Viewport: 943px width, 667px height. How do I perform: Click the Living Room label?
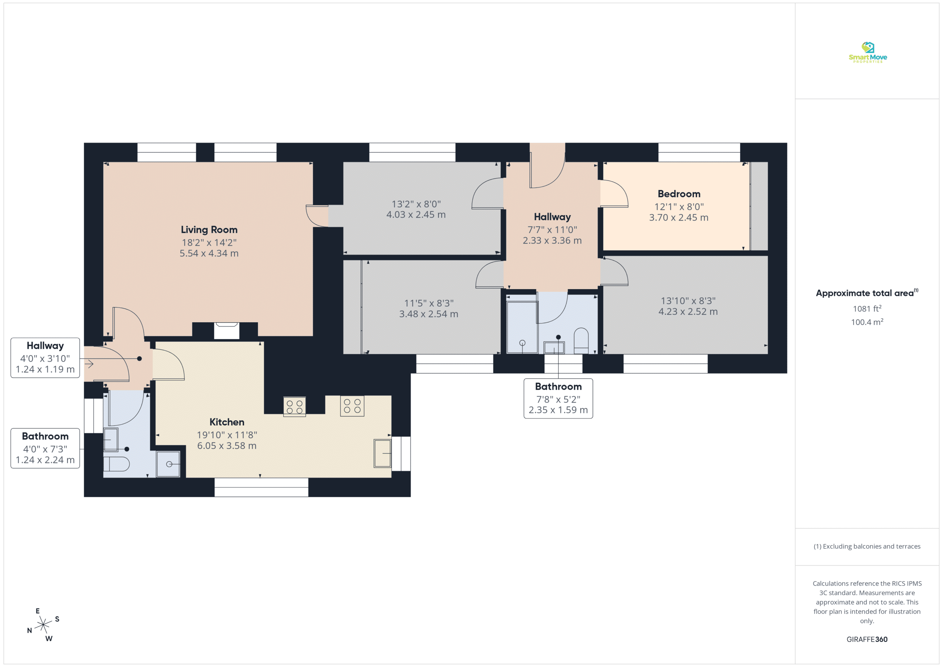209,229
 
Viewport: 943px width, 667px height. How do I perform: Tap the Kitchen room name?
227,422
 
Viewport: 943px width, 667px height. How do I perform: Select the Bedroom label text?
679,194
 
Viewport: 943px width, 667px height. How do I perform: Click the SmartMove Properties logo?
867,53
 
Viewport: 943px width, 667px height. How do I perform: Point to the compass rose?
43,625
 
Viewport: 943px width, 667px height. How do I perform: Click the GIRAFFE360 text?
867,639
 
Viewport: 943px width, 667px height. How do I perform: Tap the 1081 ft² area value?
867,308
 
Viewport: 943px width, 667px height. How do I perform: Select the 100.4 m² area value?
867,322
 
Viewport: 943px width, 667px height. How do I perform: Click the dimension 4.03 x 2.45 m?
416,214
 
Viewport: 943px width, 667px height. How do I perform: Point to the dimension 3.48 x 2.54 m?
429,314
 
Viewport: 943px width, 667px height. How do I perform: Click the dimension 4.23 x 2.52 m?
688,312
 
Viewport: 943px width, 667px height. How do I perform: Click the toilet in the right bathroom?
581,340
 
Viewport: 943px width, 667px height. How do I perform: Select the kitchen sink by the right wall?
382,453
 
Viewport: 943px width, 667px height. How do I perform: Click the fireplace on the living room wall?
227,331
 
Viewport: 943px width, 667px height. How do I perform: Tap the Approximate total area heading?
867,293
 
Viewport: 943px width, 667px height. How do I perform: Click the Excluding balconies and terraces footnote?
867,546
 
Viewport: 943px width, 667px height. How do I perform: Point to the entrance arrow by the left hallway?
90,364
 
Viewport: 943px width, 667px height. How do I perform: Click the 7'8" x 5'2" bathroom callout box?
558,399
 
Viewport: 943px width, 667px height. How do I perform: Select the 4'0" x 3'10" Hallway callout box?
45,358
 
